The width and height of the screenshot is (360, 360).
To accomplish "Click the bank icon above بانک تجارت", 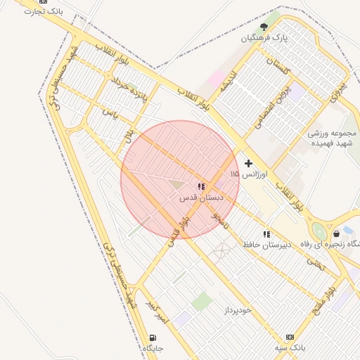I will pyautogui.click(x=44, y=1).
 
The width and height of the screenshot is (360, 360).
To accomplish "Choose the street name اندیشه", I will pyautogui.click(x=234, y=83).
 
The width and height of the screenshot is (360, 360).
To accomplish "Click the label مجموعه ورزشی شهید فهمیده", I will pyautogui.click(x=333, y=138).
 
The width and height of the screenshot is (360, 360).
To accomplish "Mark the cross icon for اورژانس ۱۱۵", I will pyautogui.click(x=248, y=162).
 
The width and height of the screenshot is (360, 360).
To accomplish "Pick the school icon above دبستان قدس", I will pyautogui.click(x=201, y=187).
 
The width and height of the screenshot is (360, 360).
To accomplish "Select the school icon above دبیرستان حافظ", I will pyautogui.click(x=266, y=233).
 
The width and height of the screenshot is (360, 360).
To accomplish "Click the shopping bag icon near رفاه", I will pyautogui.click(x=336, y=233).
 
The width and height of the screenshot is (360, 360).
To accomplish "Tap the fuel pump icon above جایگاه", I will pyautogui.click(x=153, y=337).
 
